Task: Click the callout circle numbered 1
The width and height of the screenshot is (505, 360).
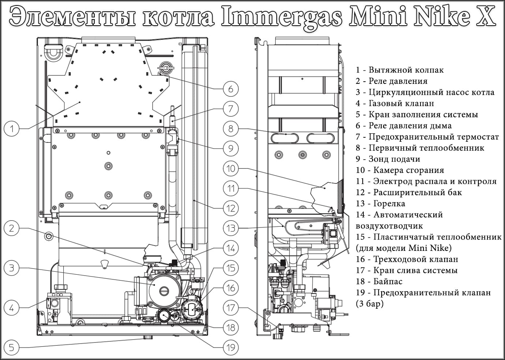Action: click(12, 129)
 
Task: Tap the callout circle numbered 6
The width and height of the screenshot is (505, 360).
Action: click(231, 89)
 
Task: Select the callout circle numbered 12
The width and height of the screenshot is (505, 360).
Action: click(231, 208)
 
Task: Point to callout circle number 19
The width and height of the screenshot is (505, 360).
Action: click(231, 347)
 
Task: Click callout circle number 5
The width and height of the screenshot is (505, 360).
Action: click(12, 347)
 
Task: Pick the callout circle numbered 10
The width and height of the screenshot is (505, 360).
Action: click(231, 168)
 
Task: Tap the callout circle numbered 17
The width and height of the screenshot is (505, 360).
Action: click(231, 307)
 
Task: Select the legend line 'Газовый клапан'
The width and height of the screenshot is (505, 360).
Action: click(395, 103)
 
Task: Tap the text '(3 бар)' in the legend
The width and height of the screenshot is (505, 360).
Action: click(370, 304)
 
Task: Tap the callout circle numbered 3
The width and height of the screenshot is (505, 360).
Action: click(12, 268)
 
